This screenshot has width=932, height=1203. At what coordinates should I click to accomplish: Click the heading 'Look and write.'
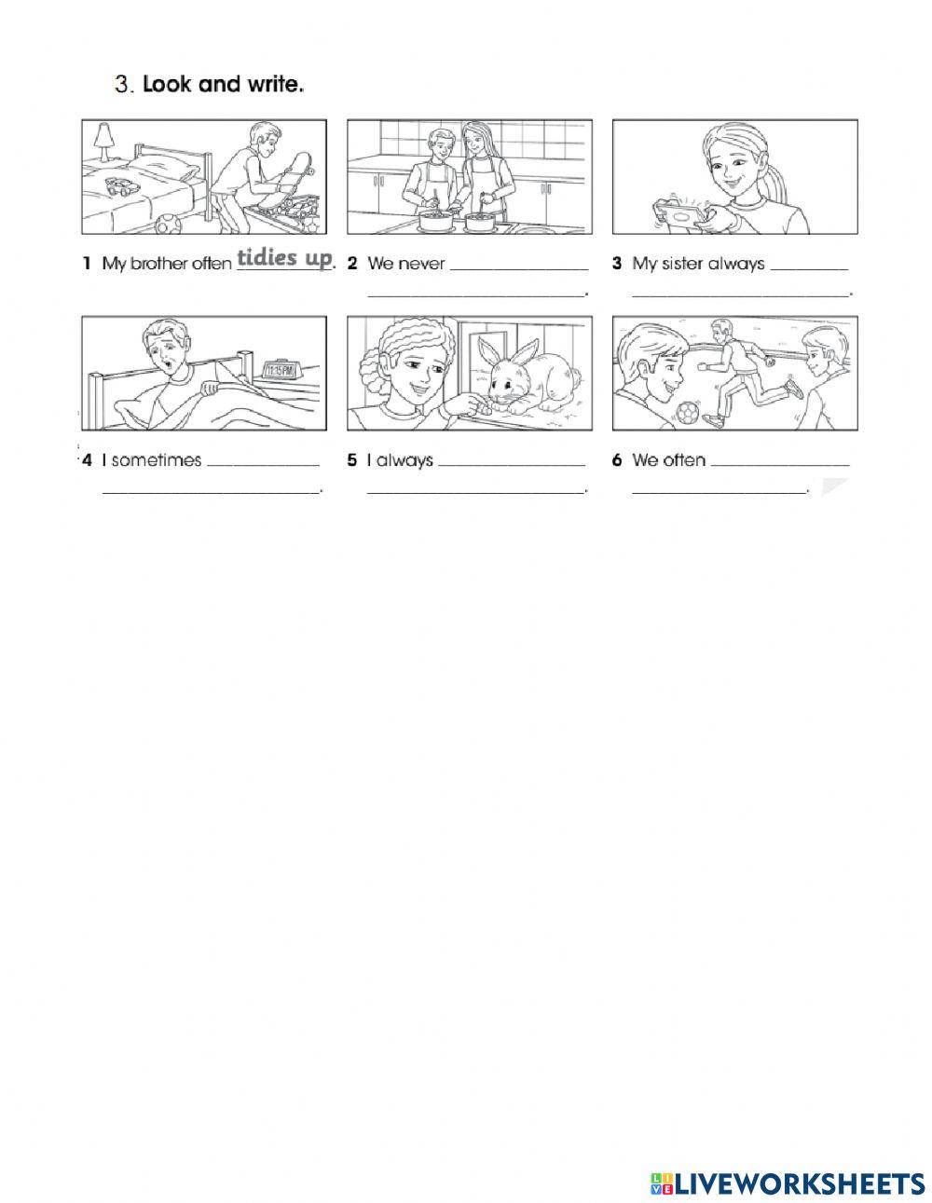pos(224,85)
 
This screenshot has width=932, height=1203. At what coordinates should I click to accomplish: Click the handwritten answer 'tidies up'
pos(284,258)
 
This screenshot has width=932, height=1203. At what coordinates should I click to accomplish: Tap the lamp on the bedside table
pos(103,141)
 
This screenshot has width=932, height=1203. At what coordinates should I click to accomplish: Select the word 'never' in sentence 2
pos(421,264)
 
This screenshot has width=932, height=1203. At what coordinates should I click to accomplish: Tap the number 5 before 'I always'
pos(352,460)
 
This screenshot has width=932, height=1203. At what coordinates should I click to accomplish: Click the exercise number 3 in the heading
pos(123,85)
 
